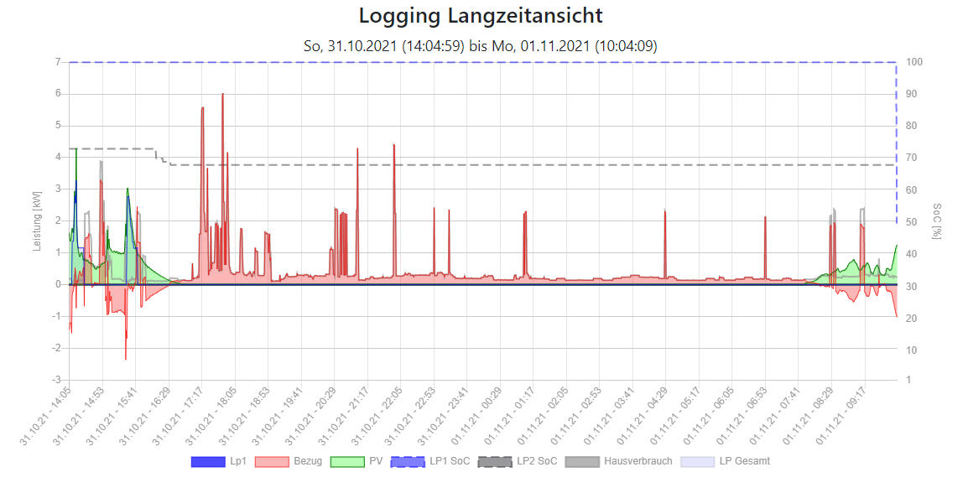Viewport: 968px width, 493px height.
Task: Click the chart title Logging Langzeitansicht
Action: (481, 16)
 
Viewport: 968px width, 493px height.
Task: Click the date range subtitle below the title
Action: (481, 46)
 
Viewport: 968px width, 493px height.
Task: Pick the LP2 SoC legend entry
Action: (517, 461)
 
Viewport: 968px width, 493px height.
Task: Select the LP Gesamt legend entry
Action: (725, 461)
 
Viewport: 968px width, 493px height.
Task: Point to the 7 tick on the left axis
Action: (58, 62)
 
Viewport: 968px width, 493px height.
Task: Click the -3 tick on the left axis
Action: (55, 380)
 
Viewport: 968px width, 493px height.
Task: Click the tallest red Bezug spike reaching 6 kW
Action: (222, 95)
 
